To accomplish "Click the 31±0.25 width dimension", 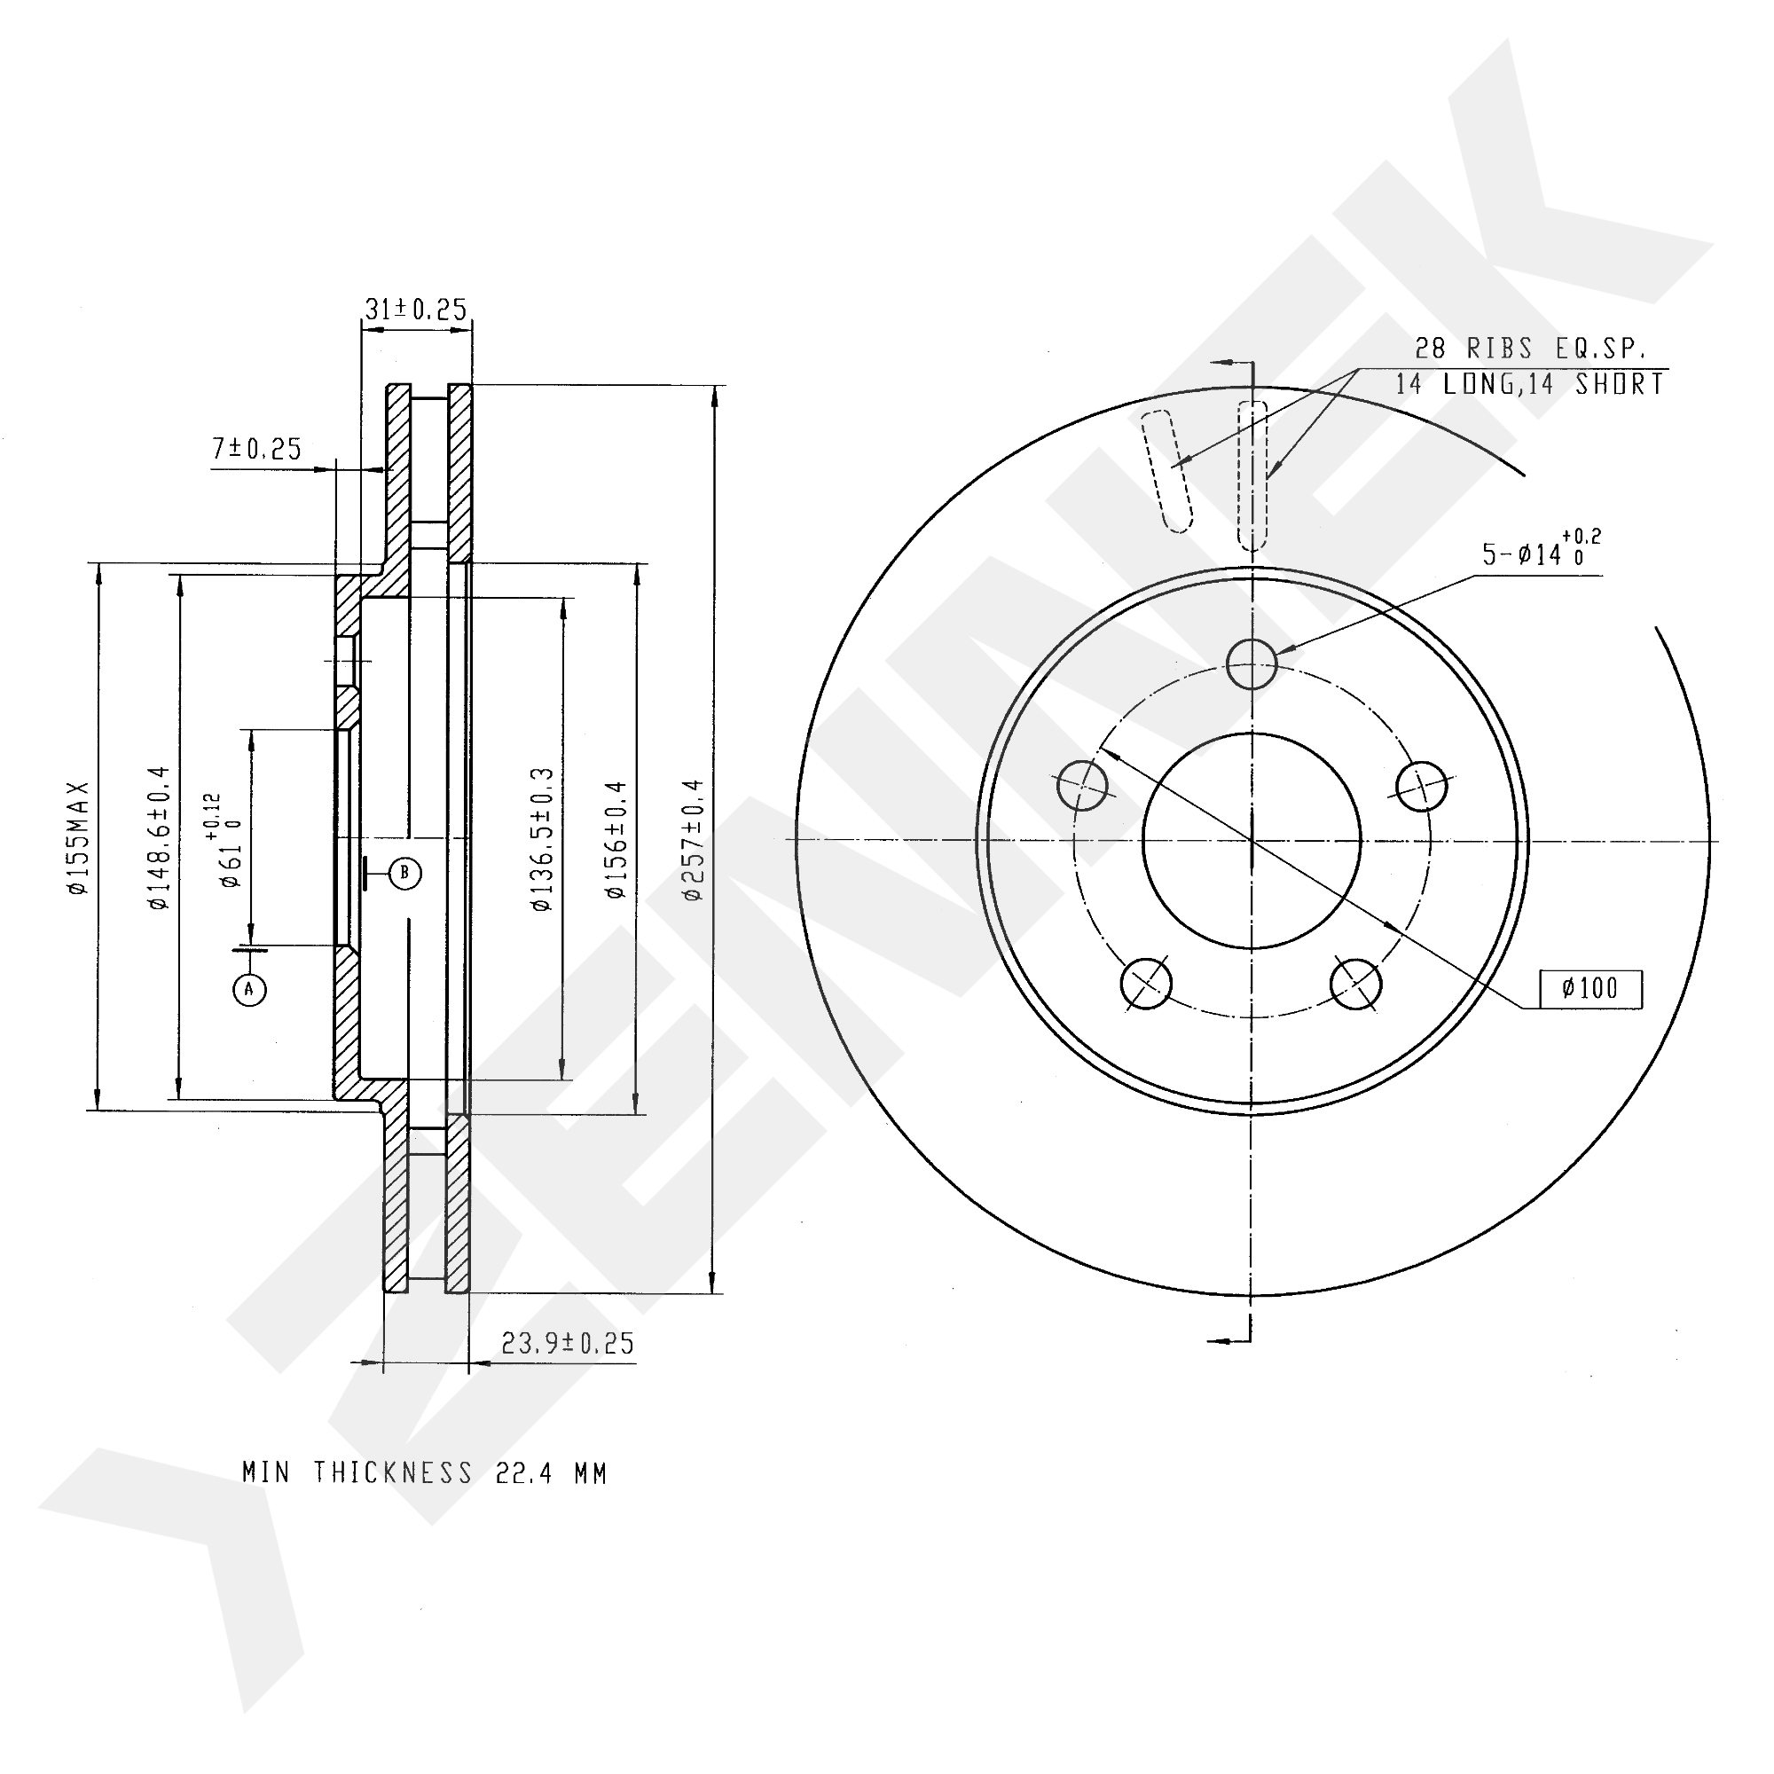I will (416, 310).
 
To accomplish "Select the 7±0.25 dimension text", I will (256, 449).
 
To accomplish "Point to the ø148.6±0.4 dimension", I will (159, 837).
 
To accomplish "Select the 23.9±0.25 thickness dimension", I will (568, 1343).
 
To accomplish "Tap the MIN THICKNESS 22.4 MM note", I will (424, 1472).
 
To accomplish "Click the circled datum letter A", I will (249, 989).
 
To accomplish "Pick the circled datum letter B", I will (405, 872).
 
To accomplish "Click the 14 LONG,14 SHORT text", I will (1530, 384).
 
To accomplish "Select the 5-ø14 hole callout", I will (1540, 553).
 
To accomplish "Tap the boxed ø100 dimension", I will (1590, 989).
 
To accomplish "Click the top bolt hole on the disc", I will (1252, 663).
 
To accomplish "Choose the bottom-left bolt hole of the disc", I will (1146, 982).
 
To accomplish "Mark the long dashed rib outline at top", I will (1252, 475).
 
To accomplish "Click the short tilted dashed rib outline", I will (1167, 470).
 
